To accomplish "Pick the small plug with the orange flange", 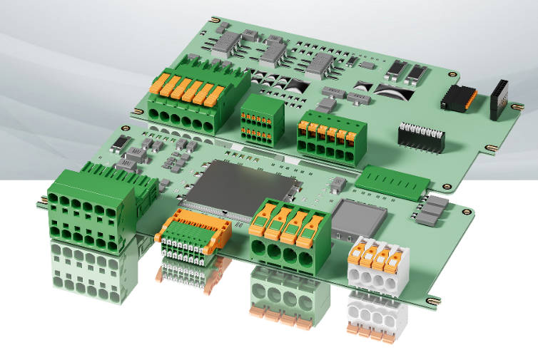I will pos(193,232).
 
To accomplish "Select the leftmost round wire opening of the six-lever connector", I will pos(154,116).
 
